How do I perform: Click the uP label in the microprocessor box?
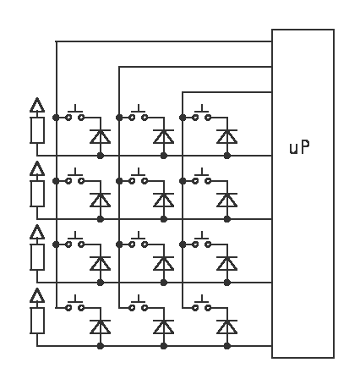299,147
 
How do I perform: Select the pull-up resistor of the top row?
37,130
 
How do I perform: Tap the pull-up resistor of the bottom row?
37,321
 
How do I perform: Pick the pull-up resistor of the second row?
37,194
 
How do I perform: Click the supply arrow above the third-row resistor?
37,232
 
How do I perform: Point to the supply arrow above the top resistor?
37,105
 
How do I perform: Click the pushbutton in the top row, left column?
75,114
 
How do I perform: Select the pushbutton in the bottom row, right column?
202,305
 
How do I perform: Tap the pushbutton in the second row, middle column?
139,178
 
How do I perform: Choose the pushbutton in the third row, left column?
75,241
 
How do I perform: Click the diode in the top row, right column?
227,136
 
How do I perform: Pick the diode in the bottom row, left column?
101,327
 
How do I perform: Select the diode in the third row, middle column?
164,263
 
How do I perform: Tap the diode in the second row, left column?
101,200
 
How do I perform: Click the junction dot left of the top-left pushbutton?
56,118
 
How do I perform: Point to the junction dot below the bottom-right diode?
227,346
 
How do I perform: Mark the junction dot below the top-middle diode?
164,156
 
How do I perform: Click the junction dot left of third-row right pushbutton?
183,244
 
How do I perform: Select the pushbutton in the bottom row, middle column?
139,305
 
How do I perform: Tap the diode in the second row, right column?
227,200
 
